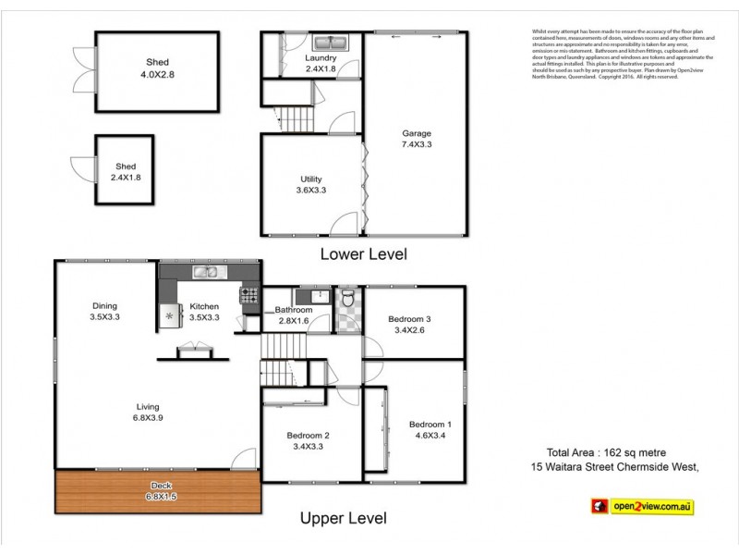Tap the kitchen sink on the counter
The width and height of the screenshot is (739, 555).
pyautogui.click(x=204, y=272)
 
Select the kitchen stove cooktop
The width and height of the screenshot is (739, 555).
pyautogui.click(x=249, y=296)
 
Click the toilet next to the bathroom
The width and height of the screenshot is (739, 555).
pyautogui.click(x=347, y=299)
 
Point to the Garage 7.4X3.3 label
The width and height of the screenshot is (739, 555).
pyautogui.click(x=416, y=139)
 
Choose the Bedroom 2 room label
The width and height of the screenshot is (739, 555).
pyautogui.click(x=309, y=440)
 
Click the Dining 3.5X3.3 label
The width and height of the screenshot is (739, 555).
pyautogui.click(x=104, y=312)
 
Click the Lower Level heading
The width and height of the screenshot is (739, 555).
pyautogui.click(x=362, y=253)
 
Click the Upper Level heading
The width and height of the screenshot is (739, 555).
pyautogui.click(x=344, y=518)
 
